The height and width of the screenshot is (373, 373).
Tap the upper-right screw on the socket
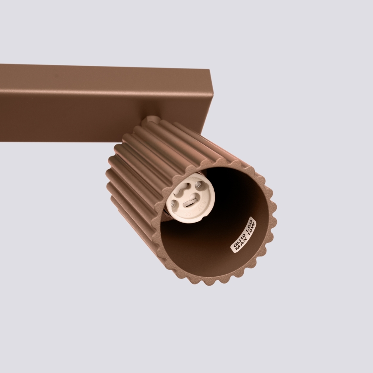[x=198, y=185]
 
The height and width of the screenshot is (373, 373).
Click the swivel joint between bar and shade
[x=150, y=122]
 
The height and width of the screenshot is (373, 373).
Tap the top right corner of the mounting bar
[x=211, y=70]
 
